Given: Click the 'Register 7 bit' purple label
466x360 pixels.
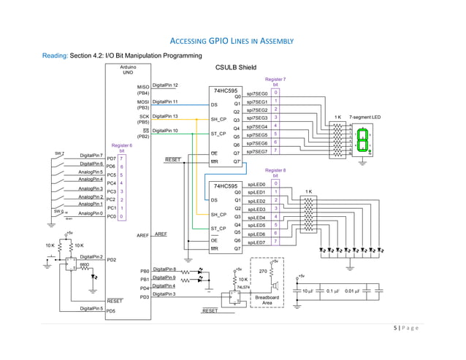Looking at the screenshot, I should tap(275, 81).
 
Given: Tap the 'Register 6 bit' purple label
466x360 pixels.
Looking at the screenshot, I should tap(121, 148).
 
